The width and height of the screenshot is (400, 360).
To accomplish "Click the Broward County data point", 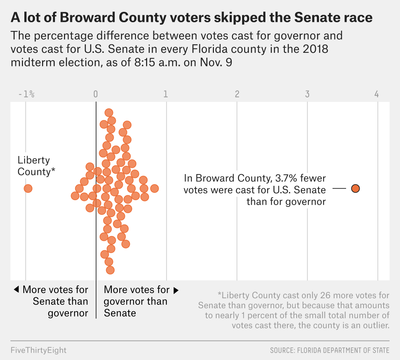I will tap(355, 188).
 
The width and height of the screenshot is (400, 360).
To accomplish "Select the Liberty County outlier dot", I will tap(28, 188).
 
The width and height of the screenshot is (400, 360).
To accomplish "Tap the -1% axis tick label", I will tap(26, 94).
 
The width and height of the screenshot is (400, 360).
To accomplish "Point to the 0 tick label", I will tap(96, 94).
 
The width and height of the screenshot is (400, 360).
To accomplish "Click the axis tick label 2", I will tap(237, 94).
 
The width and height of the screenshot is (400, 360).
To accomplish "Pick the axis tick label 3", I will tap(307, 94).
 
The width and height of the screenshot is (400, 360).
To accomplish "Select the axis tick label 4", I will tap(377, 94).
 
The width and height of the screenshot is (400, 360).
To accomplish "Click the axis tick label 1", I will tap(166, 94).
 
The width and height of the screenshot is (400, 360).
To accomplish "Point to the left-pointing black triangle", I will tap(16, 289).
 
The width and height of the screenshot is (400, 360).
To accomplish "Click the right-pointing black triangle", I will tap(176, 290).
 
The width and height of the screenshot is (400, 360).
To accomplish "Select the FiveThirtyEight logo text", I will tap(39, 350).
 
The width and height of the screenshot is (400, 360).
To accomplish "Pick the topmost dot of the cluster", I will tap(109, 113).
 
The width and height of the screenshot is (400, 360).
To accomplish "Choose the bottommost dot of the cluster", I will tap(110, 270).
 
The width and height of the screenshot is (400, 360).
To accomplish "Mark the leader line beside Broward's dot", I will tap(339, 188).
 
